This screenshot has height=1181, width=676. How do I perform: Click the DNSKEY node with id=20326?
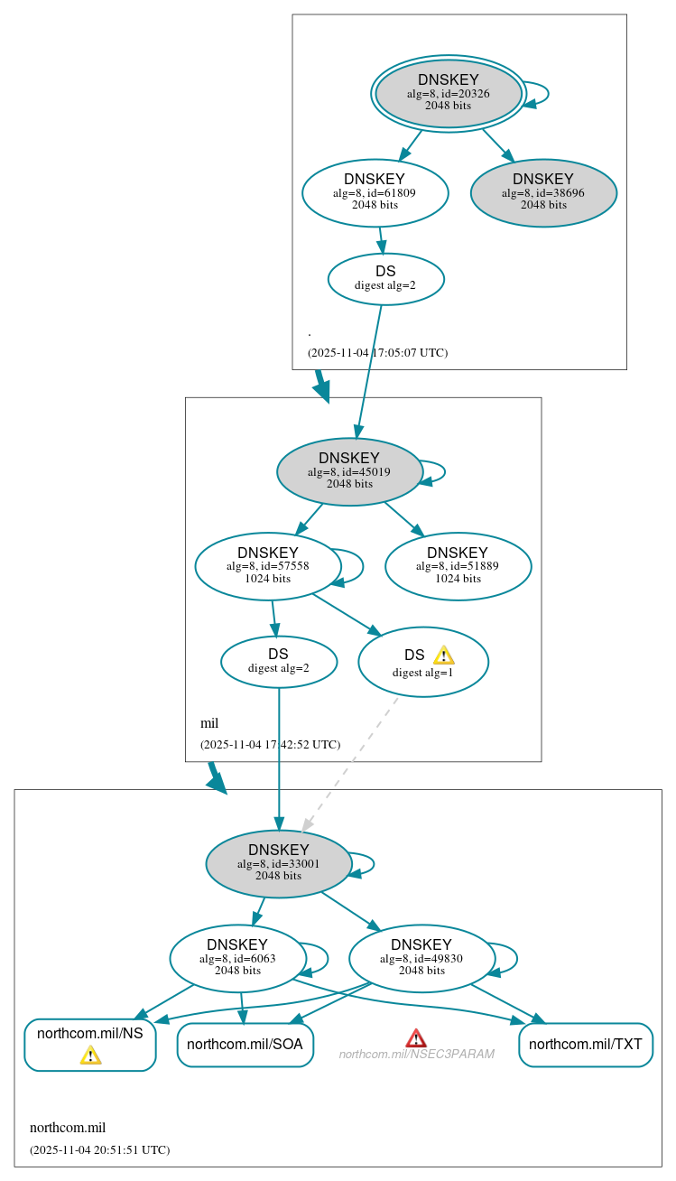pyautogui.click(x=448, y=93)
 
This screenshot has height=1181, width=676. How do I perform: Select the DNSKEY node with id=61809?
pyautogui.click(x=375, y=192)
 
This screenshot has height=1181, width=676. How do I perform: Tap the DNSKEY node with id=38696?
pyautogui.click(x=543, y=192)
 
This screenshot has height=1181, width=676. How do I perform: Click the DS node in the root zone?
pyautogui.click(x=385, y=278)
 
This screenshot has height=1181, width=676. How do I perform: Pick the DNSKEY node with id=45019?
pyautogui.click(x=349, y=471)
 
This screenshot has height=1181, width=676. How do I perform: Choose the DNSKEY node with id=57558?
pyautogui.click(x=268, y=566)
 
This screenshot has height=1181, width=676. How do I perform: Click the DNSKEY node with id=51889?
pyautogui.click(x=458, y=566)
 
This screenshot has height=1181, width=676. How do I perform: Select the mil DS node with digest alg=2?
pyautogui.click(x=279, y=661)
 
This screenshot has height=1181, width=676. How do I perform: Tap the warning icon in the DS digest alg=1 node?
pyautogui.click(x=443, y=656)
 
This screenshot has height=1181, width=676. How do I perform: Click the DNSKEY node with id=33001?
pyautogui.click(x=279, y=863)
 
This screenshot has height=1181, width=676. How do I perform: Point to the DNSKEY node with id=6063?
pyautogui.click(x=238, y=958)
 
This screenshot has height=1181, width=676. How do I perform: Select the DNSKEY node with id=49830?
pyautogui.click(x=421, y=958)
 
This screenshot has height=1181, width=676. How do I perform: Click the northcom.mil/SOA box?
pyautogui.click(x=245, y=1045)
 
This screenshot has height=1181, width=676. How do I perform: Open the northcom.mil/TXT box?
pyautogui.click(x=585, y=1045)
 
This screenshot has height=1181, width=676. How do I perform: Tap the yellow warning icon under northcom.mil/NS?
pyautogui.click(x=90, y=1055)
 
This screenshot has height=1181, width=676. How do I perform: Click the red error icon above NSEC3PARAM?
pyautogui.click(x=415, y=1037)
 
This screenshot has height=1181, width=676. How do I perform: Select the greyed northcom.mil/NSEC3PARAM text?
pyautogui.click(x=416, y=1054)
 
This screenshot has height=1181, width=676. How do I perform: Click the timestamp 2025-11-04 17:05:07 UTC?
pyautogui.click(x=377, y=353)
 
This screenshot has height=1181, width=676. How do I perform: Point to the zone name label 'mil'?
pyautogui.click(x=209, y=723)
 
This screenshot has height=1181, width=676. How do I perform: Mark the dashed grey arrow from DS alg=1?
pyautogui.click(x=350, y=763)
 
